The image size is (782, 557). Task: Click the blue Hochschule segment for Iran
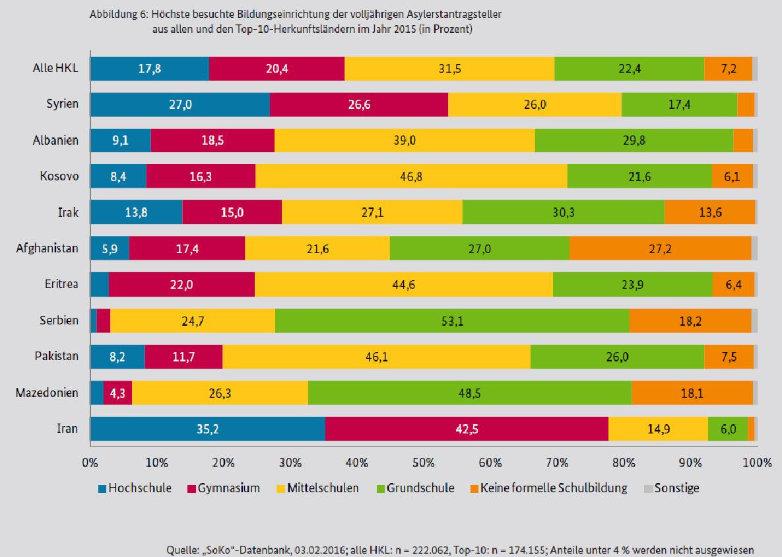coord(207,429)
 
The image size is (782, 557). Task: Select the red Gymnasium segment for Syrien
coord(359,104)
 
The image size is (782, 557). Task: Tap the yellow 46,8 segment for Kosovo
coord(411,176)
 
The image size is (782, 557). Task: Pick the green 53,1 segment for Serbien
coord(452,320)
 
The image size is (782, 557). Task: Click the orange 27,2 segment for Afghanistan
coord(660,248)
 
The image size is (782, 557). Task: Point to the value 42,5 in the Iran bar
coord(467,429)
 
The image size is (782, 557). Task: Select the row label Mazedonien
coord(47,393)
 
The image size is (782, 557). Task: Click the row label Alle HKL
coord(55,68)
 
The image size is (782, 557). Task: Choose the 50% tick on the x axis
coord(423,463)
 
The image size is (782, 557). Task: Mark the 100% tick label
coord(756,463)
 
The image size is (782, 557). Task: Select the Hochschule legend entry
coord(140,488)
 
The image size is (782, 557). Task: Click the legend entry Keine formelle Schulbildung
coord(553,488)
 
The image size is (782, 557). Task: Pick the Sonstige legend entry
coord(676,488)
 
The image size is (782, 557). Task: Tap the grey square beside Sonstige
coord(647,489)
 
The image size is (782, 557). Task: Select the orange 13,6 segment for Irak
coord(709,212)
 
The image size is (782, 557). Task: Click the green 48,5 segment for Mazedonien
coord(469,393)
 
